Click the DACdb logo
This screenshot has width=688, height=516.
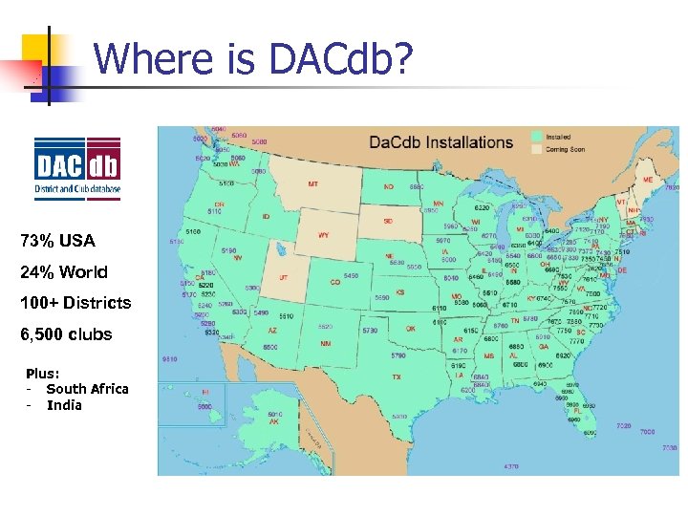pos(77,168)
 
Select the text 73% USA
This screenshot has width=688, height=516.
pos(57,240)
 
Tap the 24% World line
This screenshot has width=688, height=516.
pos(64,271)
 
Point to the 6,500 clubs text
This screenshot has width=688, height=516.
pos(66,334)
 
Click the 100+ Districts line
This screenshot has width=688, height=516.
pos(75,303)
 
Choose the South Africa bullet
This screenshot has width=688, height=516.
pos(87,389)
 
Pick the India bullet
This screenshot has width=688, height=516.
pos(64,405)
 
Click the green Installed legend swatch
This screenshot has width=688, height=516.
pos(537,137)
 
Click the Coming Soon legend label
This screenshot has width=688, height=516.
pos(567,149)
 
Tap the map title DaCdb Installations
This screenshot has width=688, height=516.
pos(441,142)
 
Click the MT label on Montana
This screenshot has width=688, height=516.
pos(313,183)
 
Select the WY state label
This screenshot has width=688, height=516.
pos(323,234)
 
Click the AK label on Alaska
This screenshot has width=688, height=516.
pos(247,421)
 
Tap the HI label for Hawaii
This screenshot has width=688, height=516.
pos(205,392)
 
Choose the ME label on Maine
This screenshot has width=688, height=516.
pos(647,180)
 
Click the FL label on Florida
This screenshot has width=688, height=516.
pos(591,410)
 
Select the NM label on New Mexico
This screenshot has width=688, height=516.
pos(326,342)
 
